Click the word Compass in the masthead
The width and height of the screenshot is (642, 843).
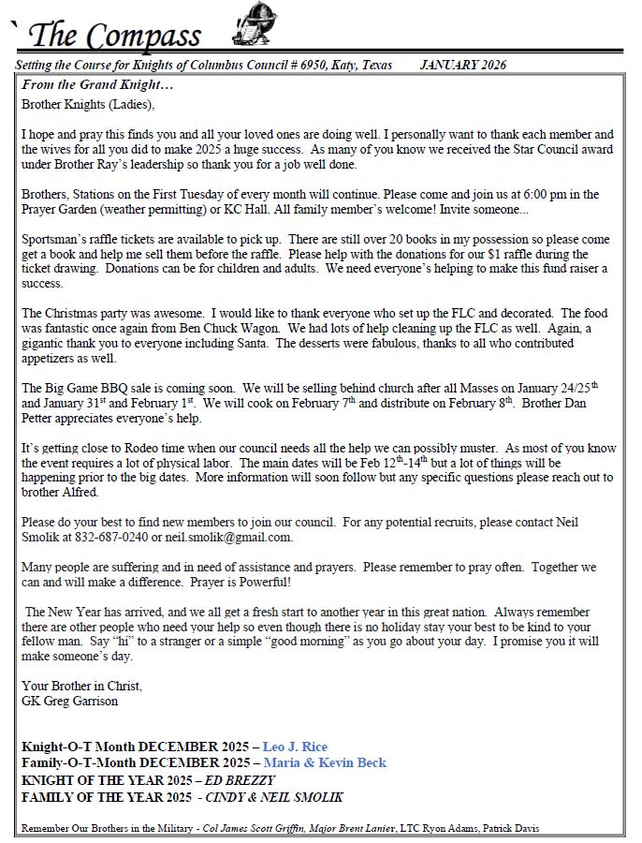(145, 36)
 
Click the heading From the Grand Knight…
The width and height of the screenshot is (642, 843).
(97, 85)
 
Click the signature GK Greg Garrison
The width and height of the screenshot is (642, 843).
(70, 701)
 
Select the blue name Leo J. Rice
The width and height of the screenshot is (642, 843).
(295, 747)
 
